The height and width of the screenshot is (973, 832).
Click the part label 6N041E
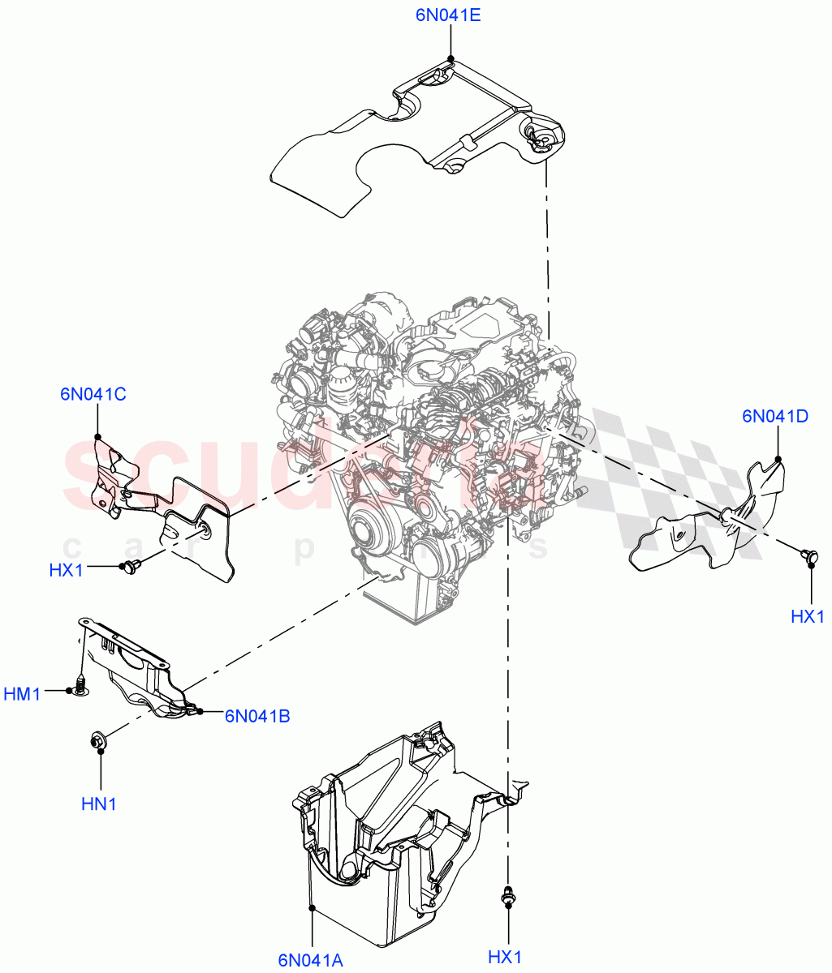coord(448,15)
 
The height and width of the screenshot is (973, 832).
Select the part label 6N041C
coord(93,395)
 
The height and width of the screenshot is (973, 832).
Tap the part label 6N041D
coord(774,417)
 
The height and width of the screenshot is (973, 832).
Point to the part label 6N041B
coord(257,716)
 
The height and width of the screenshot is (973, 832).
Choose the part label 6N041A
coord(310,960)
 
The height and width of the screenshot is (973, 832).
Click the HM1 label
coord(22,694)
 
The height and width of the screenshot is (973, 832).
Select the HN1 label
coord(99,804)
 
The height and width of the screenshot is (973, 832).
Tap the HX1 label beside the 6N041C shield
coord(67,570)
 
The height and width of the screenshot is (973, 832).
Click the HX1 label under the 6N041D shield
coord(807,617)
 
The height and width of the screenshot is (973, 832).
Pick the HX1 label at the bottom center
coord(504,958)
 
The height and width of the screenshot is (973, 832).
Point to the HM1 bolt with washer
coord(81,684)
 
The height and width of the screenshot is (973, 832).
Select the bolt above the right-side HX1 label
coord(808,555)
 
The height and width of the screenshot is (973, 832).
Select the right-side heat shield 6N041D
coord(714,523)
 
